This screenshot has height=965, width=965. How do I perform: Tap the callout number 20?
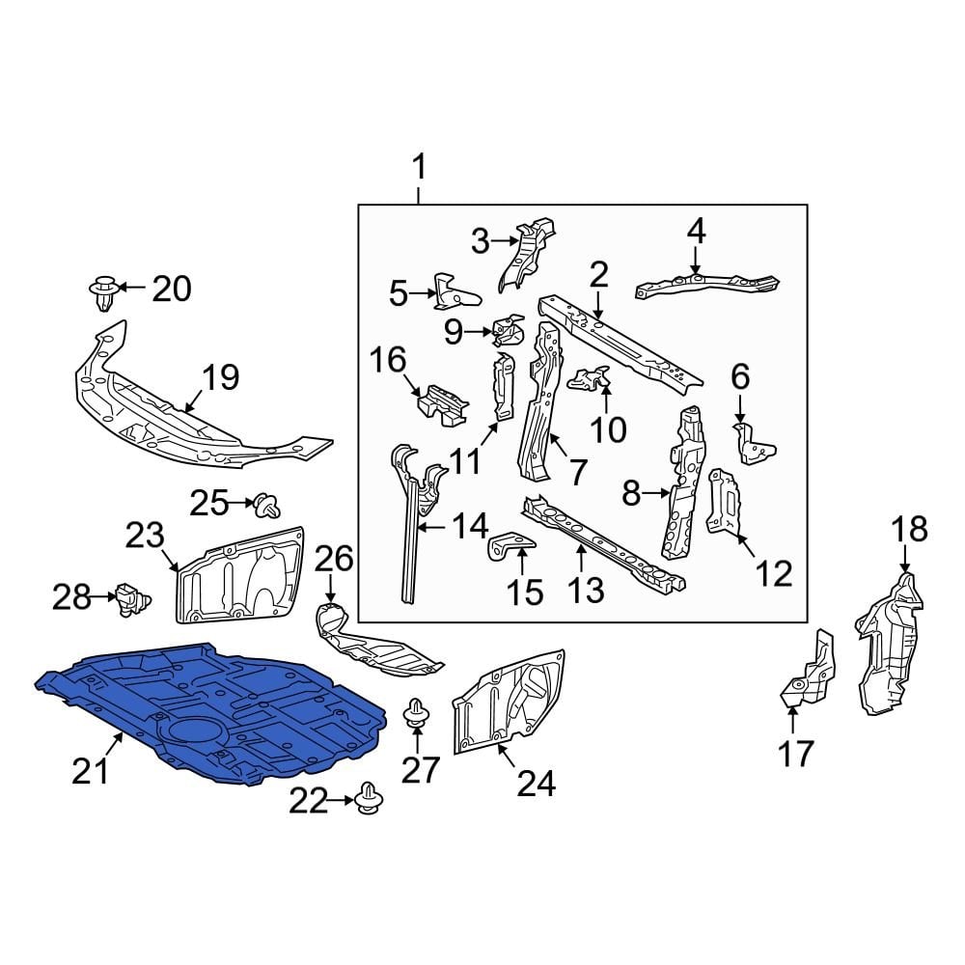click(x=173, y=288)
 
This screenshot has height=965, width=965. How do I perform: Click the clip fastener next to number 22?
click(x=368, y=799)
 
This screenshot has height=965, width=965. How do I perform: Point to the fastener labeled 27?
click(x=416, y=715)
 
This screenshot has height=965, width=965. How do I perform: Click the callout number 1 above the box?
click(x=419, y=170)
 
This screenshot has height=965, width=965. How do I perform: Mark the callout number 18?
click(x=908, y=530)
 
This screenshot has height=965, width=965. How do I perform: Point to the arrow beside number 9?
click(x=481, y=333)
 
